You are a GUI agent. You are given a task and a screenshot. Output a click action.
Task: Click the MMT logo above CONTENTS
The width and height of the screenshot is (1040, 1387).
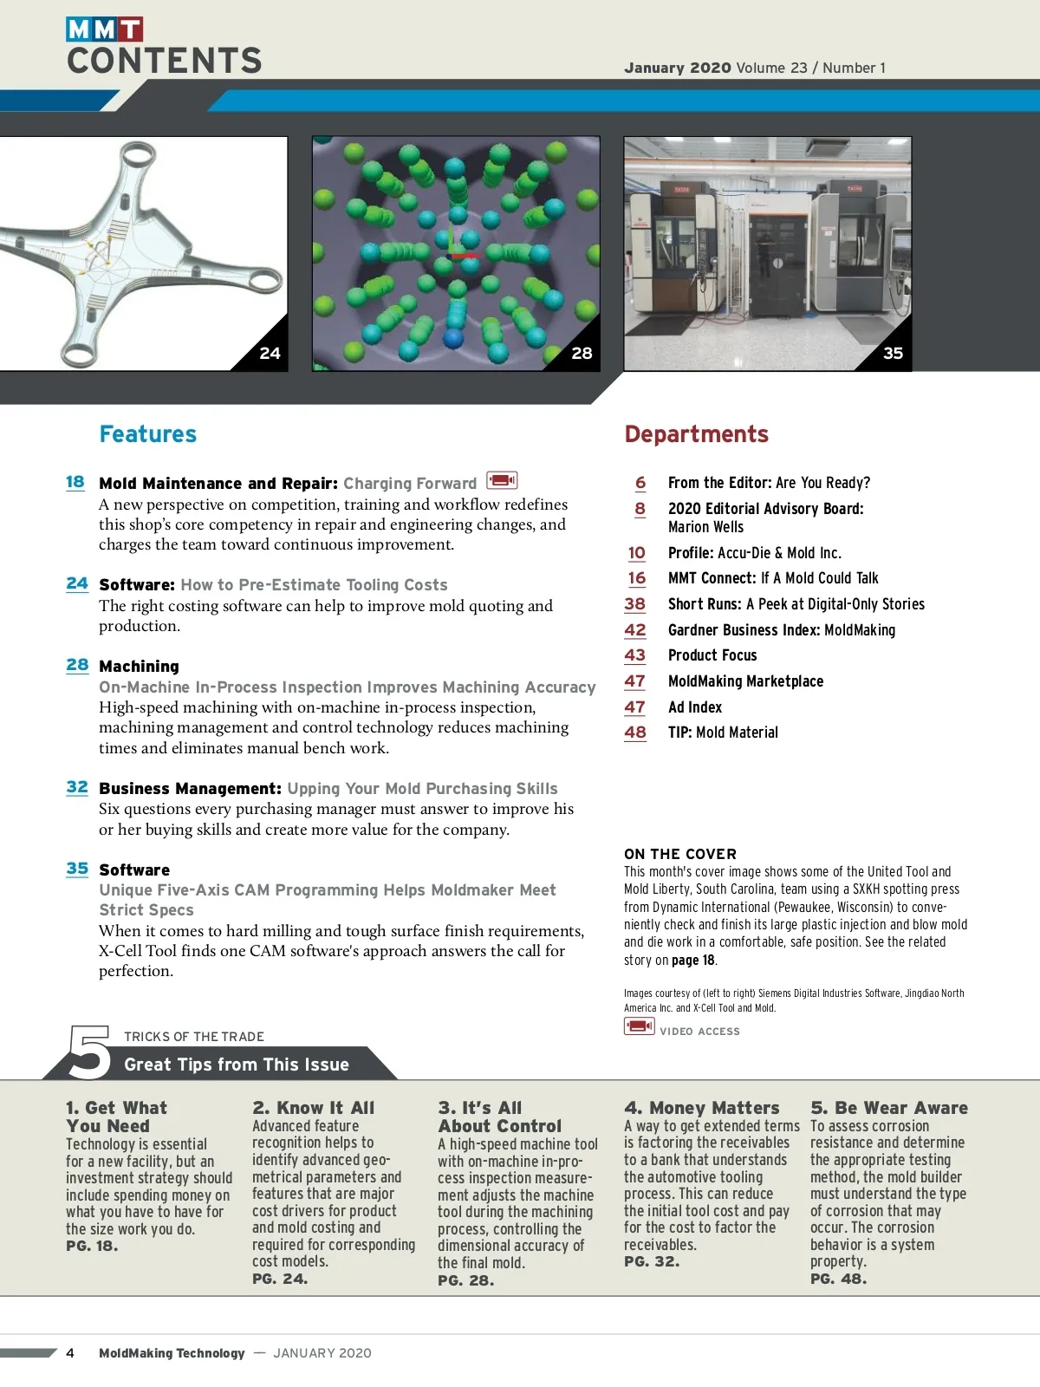(104, 29)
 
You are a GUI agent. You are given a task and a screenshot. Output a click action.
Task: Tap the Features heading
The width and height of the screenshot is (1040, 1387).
(148, 434)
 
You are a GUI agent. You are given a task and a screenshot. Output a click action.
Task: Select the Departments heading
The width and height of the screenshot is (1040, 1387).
(696, 434)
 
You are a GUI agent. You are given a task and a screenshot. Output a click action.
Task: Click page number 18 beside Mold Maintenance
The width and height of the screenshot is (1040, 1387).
(75, 482)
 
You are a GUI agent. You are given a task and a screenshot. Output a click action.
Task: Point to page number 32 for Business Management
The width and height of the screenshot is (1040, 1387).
(77, 787)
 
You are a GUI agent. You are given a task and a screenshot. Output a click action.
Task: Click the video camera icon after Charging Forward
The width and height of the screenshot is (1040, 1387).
(502, 480)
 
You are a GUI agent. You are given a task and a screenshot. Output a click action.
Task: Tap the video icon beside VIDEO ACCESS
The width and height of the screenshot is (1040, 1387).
(639, 1026)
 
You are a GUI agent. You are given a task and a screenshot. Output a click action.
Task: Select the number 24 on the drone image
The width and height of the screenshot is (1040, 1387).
(270, 354)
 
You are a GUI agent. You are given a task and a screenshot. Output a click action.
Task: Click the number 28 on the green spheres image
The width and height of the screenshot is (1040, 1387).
(582, 354)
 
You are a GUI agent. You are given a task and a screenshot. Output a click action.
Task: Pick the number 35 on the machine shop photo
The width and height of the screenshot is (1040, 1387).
(893, 354)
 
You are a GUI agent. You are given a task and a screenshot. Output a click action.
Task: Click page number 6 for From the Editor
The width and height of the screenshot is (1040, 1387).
(640, 483)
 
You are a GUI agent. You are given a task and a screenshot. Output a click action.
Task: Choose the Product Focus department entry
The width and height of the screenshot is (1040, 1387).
(712, 655)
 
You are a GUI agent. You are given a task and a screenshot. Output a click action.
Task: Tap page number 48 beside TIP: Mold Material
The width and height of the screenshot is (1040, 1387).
(635, 733)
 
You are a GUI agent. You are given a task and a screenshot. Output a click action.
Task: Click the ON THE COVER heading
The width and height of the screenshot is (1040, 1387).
(680, 854)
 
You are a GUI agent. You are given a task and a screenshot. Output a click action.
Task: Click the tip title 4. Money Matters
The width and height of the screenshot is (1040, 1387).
(702, 1108)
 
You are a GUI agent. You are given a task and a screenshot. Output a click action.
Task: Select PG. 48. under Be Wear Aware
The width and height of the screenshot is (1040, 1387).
(838, 1279)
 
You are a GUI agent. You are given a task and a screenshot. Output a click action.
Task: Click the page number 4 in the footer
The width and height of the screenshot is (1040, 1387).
(70, 1353)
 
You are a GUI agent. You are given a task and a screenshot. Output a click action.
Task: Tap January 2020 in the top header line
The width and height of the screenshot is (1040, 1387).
(678, 68)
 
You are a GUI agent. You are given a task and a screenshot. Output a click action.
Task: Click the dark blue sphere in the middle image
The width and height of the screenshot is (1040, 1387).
(453, 336)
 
